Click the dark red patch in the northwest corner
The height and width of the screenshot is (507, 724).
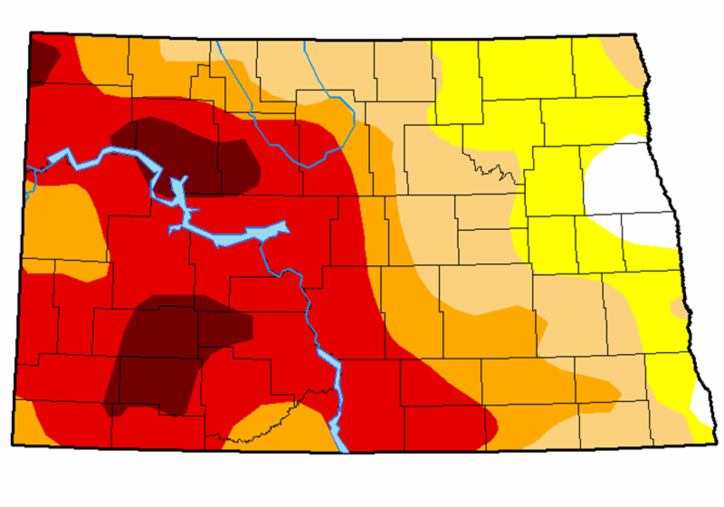[43, 59]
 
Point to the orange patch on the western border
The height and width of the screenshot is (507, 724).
[59, 222]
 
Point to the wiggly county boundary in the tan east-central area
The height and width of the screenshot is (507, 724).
[489, 168]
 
